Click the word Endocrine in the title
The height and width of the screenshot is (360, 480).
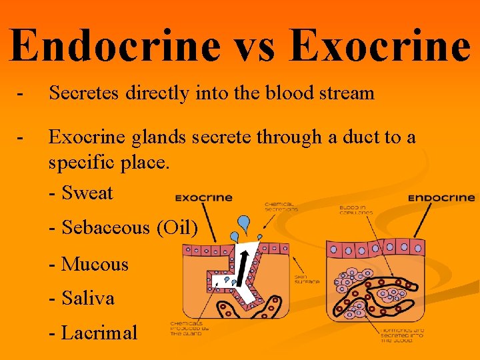115,45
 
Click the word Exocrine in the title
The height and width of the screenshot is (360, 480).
381,45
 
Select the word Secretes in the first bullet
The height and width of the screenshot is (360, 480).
85,93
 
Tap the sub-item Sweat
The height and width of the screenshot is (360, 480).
87,193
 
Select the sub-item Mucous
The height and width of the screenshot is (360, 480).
94,264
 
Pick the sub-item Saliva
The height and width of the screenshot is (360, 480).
87,298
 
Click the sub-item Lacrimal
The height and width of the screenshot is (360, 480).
99,333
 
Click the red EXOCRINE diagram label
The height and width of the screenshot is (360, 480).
204,198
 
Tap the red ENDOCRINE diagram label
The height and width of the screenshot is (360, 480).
441,198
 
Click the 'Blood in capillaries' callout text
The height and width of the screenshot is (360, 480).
355,209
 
